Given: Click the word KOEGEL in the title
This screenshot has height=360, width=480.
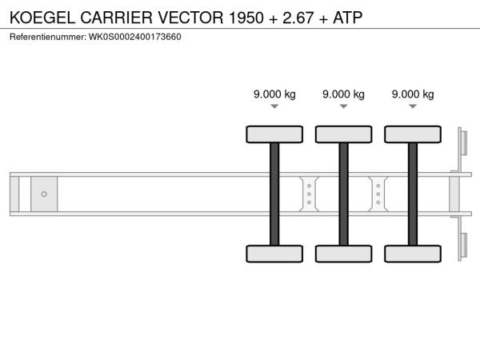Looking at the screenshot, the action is tap(42, 18).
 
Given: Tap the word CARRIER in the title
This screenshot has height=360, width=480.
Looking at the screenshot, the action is tap(116, 18).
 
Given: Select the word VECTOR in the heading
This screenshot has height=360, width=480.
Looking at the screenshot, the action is tap(190, 18).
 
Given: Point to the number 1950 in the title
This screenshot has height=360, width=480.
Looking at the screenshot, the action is tap(246, 18).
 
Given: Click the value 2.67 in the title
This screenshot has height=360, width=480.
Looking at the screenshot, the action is tap(298, 18).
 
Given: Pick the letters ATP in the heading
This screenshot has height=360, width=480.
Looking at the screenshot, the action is tap(348, 18).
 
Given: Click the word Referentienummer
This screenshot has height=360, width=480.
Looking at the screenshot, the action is tap(48, 37).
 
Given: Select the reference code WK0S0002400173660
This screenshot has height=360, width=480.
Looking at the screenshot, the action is tap(135, 37).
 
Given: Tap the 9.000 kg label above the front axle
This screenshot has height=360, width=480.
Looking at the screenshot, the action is tap(274, 94).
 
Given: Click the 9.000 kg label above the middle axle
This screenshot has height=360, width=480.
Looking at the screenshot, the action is tap(343, 94).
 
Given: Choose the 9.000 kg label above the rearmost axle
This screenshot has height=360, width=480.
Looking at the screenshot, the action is tap(413, 94).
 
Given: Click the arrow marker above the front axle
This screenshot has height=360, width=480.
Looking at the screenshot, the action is tap(274, 106).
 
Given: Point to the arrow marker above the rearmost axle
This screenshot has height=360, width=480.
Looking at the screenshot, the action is tap(413, 106).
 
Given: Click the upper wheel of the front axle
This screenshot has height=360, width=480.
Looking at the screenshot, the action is tap(274, 134).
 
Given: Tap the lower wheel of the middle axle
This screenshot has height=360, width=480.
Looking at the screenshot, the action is tap(344, 254).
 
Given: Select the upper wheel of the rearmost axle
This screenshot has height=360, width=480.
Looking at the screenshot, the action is tap(413, 134).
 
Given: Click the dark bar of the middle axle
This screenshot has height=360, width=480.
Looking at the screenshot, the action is tap(344, 194).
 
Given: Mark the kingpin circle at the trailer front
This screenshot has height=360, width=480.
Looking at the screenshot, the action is tap(44, 194).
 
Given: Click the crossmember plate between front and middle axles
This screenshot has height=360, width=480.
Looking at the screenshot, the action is tap(309, 194).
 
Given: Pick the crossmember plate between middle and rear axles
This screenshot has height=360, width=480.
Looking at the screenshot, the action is tap(378, 194).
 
